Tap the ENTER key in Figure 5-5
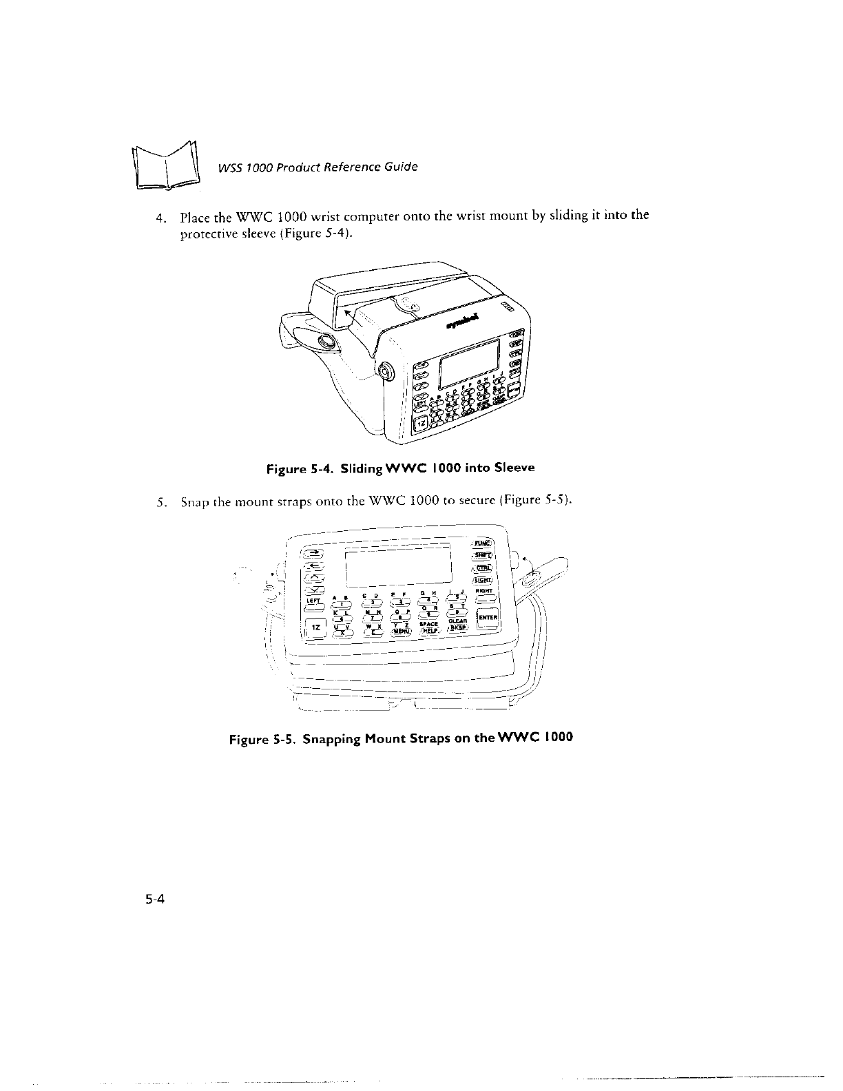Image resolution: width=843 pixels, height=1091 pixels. point(488,617)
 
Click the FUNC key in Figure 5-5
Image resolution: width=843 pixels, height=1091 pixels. point(483,542)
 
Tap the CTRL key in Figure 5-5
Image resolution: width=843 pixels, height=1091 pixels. point(482,568)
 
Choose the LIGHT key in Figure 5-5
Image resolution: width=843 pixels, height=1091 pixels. point(482,581)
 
